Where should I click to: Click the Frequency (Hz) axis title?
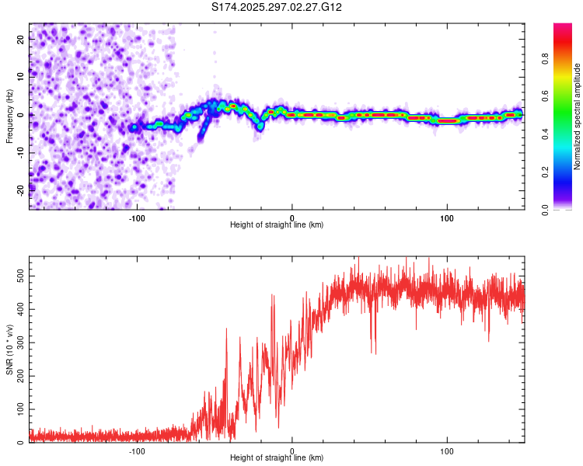point(9,116)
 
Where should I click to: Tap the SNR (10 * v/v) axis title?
point(9,350)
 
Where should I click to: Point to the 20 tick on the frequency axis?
point(21,41)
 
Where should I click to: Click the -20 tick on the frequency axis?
point(19,188)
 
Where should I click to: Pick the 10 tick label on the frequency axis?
point(21,78)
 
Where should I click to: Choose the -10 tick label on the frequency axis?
point(19,151)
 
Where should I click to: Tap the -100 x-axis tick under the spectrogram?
point(137,218)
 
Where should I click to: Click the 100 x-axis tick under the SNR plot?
point(447,451)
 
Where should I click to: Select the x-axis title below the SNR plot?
point(277,458)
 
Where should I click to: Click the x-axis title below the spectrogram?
point(277,225)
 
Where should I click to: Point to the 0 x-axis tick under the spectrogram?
point(292,218)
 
